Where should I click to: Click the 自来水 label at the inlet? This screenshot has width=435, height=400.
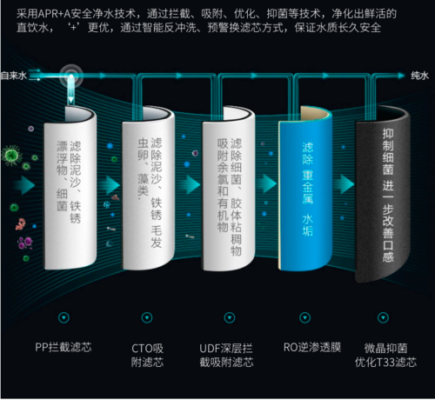pos(13,76)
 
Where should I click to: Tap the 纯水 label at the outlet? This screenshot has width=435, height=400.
pos(419,76)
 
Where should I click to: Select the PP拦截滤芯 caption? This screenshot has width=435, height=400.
pos(64,347)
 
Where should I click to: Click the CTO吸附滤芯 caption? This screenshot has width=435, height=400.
pos(147,355)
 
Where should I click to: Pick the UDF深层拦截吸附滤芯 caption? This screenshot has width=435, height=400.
pos(226,355)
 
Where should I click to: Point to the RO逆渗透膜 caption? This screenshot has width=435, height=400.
pos(312,347)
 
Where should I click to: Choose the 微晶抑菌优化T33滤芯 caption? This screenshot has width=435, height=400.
pos(385,355)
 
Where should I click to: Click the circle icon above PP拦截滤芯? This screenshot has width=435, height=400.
pos(64,317)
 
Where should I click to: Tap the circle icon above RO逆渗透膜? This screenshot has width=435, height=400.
pos(304,317)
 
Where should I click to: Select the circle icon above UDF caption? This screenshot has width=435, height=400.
pos(230,317)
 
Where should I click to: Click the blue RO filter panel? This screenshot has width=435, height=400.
pos(305,191)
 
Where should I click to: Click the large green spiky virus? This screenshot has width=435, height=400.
pos(11,156)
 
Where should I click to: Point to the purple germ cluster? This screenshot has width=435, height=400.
pos(25,243)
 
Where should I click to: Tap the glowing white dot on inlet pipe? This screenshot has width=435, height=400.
pos(71,77)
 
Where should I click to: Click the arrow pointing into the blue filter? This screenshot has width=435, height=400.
pos(269,183)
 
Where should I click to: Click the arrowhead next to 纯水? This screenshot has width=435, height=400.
pos(401,76)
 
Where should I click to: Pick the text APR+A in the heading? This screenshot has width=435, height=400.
pos(53,14)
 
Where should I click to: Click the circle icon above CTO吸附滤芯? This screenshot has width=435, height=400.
pos(147,317)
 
